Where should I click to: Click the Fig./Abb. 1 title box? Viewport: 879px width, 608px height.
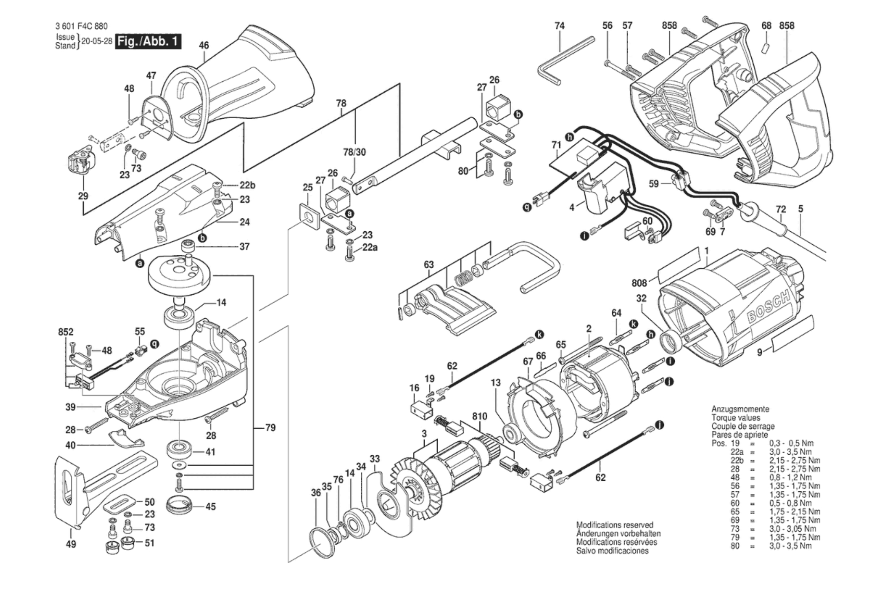(x=148, y=41)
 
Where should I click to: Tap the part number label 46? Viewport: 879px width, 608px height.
(x=204, y=45)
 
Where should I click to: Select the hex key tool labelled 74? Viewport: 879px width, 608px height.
(x=566, y=61)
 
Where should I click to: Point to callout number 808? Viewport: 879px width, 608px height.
(x=639, y=282)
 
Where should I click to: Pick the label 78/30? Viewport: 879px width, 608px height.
(x=354, y=152)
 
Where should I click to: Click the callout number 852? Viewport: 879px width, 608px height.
(x=65, y=332)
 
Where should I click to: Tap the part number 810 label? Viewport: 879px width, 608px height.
(x=480, y=417)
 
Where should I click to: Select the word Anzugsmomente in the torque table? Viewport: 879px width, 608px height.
(x=740, y=409)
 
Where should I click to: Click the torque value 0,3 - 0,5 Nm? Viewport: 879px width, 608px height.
(x=791, y=443)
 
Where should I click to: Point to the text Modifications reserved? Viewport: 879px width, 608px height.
(x=615, y=525)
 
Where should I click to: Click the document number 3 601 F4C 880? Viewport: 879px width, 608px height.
(x=81, y=26)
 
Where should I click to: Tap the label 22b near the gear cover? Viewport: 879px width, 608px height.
(x=247, y=185)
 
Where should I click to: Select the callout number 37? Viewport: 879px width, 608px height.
(x=244, y=246)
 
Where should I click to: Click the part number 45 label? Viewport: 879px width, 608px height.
(x=210, y=506)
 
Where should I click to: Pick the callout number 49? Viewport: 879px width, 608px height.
(x=71, y=544)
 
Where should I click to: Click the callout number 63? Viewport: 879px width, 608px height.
(x=429, y=265)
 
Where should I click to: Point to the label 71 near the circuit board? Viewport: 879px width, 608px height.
(x=556, y=145)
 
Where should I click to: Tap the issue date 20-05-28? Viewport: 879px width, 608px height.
(x=97, y=41)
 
